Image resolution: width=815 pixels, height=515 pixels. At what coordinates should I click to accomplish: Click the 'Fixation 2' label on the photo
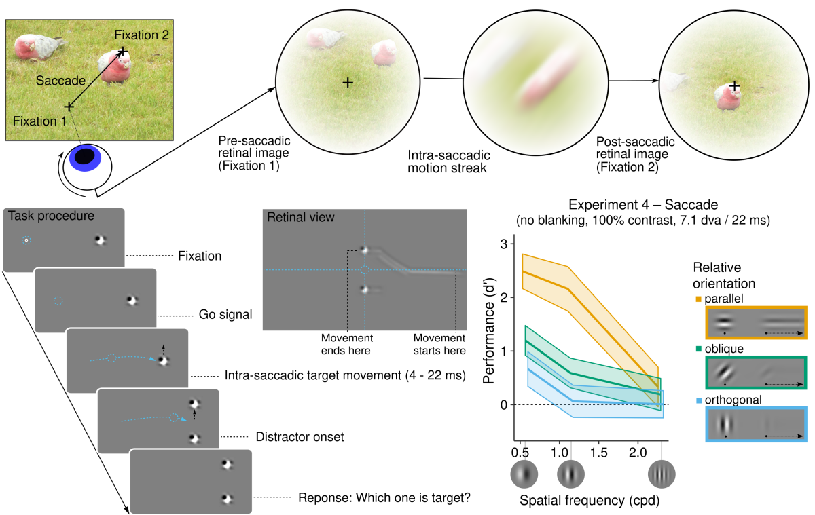pos(141,35)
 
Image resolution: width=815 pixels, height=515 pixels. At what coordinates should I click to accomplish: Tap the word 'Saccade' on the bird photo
pos(60,81)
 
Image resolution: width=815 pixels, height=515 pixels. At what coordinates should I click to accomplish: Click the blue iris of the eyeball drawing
pos(85,159)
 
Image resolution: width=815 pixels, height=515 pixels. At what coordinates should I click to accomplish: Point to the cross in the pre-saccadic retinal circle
pos(348,83)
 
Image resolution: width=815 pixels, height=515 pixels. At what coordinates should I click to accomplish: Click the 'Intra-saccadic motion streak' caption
pos(449,161)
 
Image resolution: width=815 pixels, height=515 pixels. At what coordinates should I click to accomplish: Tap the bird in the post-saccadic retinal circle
pos(727,97)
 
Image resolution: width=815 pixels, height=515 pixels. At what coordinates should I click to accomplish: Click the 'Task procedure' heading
pos(52,216)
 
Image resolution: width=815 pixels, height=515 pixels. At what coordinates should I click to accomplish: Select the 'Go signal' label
pos(225,314)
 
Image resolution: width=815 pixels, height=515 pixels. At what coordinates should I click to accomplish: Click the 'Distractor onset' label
pos(300,436)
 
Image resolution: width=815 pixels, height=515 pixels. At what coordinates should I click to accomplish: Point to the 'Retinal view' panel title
pos(300,217)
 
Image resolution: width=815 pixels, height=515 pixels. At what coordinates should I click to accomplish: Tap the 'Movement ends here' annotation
pos(346,344)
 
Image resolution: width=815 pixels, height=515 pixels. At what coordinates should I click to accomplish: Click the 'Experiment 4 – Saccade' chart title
pos(643,205)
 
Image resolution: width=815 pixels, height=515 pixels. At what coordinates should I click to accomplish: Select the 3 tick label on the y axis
pos(503,244)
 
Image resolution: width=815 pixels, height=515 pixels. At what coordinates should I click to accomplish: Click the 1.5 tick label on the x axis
pos(598,453)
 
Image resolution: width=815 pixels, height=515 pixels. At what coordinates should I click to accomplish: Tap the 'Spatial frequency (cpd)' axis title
pos(590,501)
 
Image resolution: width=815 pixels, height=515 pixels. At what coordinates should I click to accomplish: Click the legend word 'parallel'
pos(724,299)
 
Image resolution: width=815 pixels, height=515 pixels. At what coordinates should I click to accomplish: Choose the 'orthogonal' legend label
pos(733,400)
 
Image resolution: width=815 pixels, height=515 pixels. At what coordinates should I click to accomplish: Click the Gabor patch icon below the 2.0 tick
pos(662,474)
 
